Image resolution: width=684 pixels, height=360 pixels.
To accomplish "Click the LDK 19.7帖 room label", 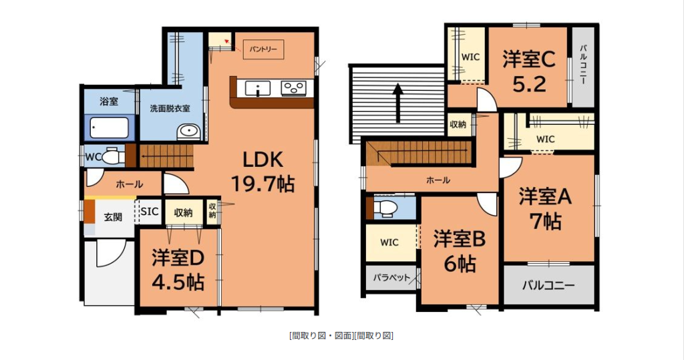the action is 263,172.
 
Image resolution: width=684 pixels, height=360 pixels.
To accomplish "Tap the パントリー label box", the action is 263,49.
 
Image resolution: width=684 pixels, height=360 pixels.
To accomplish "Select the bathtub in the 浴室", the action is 110,128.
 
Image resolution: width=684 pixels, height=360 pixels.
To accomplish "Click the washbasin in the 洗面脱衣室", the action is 188,132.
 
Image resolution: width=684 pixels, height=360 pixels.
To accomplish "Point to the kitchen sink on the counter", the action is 258,88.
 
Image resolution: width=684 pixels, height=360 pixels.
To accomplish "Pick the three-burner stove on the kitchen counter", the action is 294,88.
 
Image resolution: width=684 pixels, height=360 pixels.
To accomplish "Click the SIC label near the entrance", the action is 150,212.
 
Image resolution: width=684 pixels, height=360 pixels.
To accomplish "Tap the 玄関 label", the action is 113,217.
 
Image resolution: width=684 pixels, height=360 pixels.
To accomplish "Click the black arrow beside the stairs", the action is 397,103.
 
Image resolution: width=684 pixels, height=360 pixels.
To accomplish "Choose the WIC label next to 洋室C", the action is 470,57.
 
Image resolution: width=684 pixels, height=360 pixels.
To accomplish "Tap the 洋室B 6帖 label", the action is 460,251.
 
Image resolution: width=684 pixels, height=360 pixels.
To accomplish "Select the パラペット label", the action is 391,278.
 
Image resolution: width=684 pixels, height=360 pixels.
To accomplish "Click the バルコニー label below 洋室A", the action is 549,286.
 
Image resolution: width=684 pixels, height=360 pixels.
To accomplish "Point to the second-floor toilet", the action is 384,208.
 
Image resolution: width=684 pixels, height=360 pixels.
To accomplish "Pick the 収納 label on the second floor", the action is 458,125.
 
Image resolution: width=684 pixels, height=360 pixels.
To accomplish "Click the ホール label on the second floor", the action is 438,180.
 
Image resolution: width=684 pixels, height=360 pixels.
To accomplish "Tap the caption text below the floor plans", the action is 341,335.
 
